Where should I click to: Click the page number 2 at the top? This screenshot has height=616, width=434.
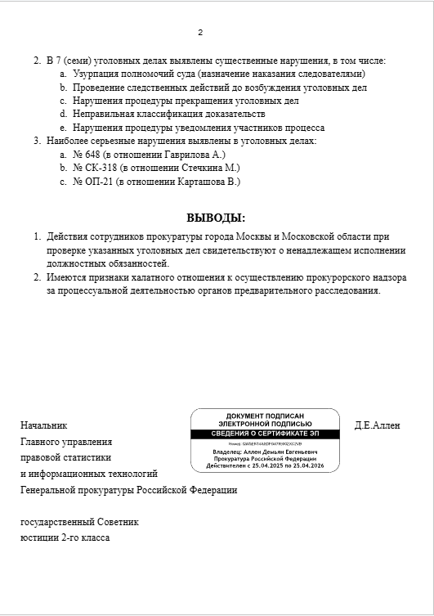point(200,33)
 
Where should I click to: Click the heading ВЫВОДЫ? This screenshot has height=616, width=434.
point(216,218)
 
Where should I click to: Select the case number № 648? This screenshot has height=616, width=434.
point(86,155)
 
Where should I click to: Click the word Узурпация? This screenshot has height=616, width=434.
point(97,74)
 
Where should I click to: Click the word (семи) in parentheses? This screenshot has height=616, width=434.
point(75,61)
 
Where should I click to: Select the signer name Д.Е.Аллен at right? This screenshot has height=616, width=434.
point(378,425)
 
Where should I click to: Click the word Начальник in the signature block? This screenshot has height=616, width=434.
point(43,425)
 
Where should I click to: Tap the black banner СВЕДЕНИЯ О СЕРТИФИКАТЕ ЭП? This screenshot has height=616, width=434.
point(265,433)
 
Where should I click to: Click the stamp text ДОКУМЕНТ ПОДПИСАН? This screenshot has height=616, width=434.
point(265,416)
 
